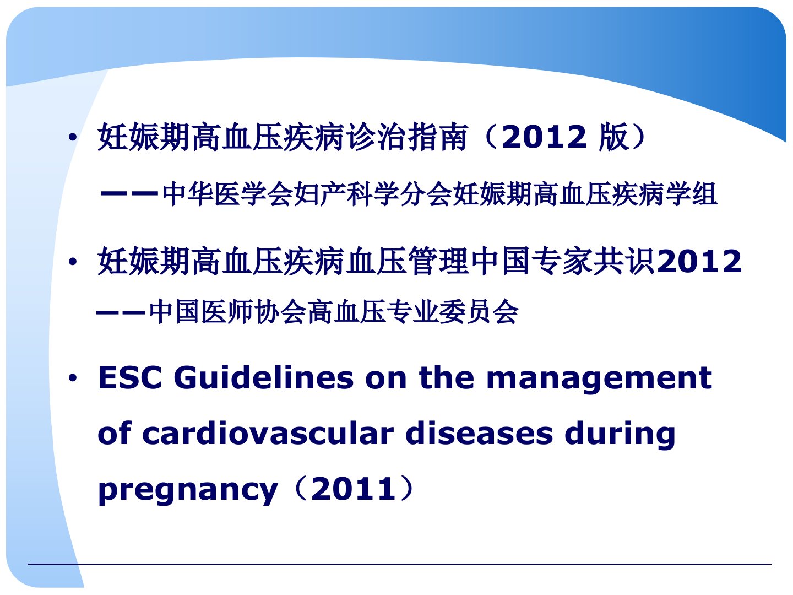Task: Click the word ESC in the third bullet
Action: point(130,378)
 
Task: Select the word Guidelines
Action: point(263,377)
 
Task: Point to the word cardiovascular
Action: point(268,433)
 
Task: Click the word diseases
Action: point(479,433)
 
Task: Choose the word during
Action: point(620,436)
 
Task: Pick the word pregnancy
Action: point(188,492)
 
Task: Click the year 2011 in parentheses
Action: point(354,489)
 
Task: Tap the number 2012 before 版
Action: point(544,137)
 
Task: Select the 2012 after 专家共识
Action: point(699,261)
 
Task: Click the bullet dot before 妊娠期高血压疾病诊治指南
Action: point(73,137)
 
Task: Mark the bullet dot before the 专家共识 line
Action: point(73,262)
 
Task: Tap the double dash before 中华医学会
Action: point(129,194)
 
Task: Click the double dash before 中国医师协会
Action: point(121,312)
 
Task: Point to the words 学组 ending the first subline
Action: point(691,194)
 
